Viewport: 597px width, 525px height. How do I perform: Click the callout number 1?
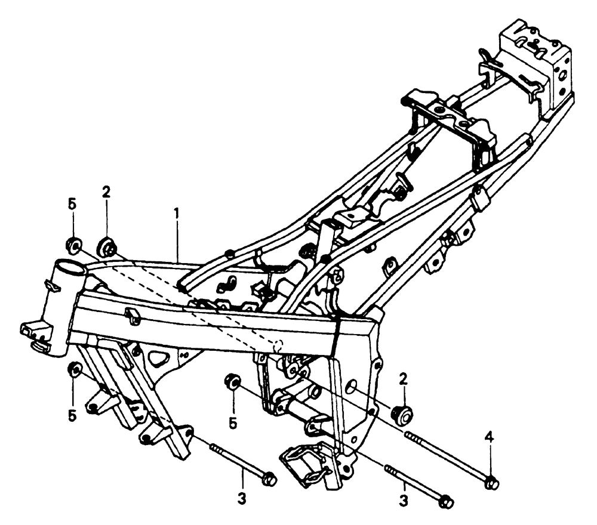click(x=176, y=212)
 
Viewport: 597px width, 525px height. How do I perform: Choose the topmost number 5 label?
click(x=72, y=203)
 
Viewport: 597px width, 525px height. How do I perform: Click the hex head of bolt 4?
click(x=492, y=481)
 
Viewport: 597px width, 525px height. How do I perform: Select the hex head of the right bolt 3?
click(x=445, y=502)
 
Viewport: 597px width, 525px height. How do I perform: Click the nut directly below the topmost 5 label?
click(x=73, y=244)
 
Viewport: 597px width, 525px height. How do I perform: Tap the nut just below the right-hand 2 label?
click(x=402, y=413)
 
